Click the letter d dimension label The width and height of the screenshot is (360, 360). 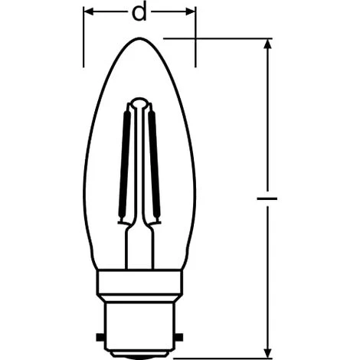coord(139,11)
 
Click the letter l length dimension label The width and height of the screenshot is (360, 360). coord(267,198)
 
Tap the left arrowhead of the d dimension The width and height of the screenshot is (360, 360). coord(88,11)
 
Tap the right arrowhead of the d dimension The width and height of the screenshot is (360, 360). coord(191,11)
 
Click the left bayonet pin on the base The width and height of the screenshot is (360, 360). coord(101,337)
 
